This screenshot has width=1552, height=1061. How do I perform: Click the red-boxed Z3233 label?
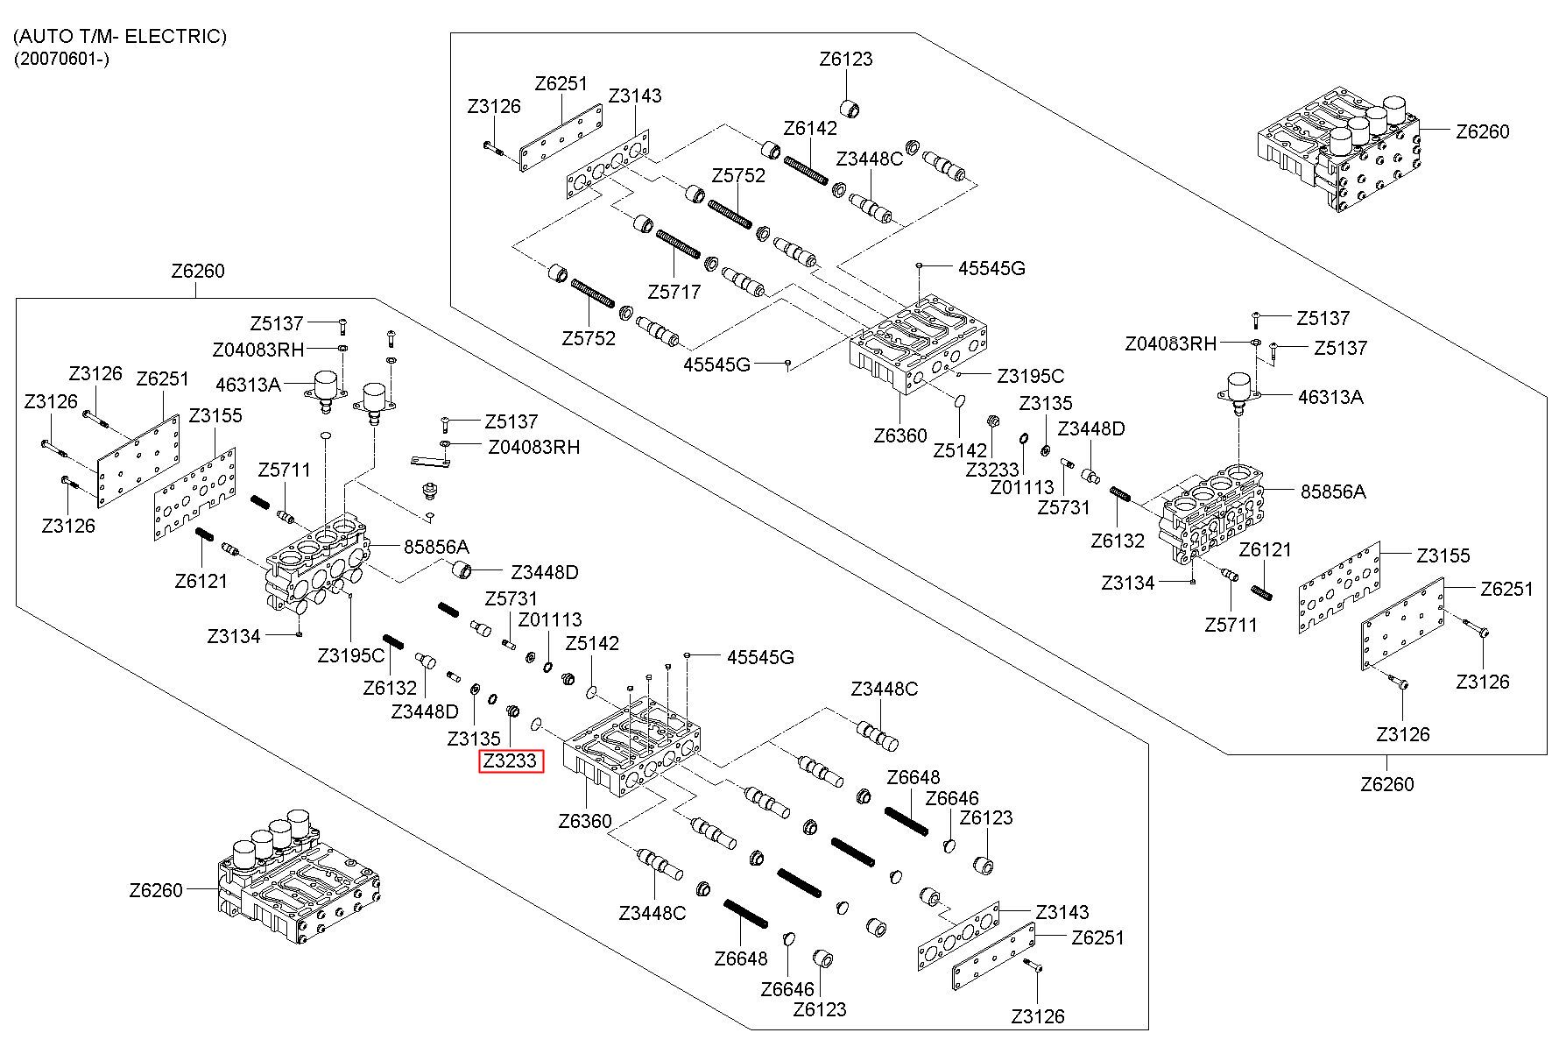[511, 761]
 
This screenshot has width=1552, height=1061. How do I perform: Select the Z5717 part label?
[674, 292]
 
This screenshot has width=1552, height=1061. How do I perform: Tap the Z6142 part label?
[810, 128]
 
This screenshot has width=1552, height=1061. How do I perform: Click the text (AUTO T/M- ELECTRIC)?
[120, 36]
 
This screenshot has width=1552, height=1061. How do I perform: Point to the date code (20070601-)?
[61, 60]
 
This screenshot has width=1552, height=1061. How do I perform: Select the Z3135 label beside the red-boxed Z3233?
[473, 739]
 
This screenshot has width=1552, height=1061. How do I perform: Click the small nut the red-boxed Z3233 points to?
[515, 708]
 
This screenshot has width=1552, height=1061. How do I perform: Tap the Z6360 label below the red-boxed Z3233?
[585, 822]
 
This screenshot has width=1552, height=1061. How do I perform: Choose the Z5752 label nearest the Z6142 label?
[738, 175]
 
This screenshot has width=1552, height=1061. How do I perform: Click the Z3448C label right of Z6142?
[869, 159]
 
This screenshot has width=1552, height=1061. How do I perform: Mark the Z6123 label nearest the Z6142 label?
[846, 60]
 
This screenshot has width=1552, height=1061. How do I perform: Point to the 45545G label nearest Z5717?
[716, 364]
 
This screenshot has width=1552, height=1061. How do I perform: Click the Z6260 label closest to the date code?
[198, 271]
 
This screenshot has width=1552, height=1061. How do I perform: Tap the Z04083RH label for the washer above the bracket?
[534, 447]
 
